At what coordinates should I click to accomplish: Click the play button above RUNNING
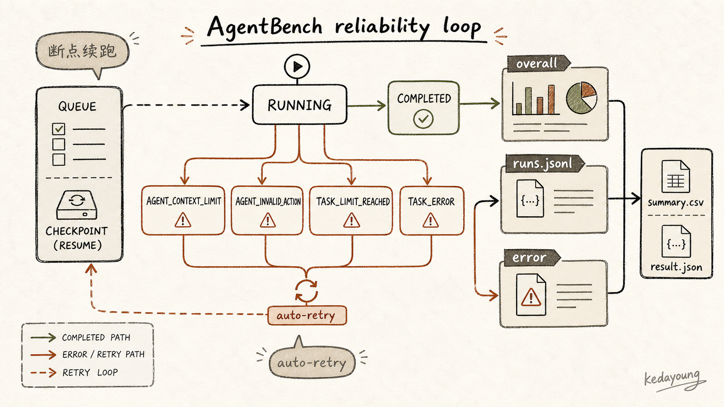coord(297,67)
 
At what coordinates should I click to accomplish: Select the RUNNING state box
coord(300,105)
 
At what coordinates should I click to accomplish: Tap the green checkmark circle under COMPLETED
coord(423,119)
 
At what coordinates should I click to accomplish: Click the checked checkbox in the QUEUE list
coord(58,129)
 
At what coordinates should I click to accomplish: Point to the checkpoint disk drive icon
coord(77,205)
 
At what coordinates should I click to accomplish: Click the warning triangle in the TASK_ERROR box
coord(430,221)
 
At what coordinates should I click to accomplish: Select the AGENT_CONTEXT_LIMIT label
coord(184,202)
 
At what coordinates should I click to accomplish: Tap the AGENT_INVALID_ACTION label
coord(268,202)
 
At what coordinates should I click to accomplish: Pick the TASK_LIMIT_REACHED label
coord(353,202)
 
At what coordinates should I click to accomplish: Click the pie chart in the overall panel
coord(582,97)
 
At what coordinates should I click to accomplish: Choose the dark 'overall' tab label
coord(537,63)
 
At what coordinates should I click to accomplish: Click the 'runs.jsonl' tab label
coord(543,163)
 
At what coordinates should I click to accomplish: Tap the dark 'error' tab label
coord(530,257)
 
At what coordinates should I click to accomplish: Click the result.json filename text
coord(676,267)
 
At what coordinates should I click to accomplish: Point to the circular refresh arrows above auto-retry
coord(306,291)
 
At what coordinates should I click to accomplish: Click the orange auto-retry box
coord(307,315)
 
